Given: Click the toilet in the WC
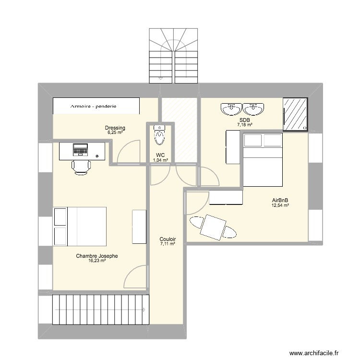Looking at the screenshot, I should click(159, 135).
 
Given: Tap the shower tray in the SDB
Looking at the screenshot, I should click(295, 114).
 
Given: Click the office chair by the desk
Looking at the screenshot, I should click(81, 167).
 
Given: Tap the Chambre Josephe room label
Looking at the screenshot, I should click(96, 256).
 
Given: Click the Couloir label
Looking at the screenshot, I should click(168, 239).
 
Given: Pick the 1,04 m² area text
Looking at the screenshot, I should click(160, 160).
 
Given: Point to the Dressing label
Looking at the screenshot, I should click(115, 128).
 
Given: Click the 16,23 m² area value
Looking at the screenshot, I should click(96, 262).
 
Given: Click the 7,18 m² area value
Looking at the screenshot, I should click(244, 125).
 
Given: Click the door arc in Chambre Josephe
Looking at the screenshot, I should click(135, 278).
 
